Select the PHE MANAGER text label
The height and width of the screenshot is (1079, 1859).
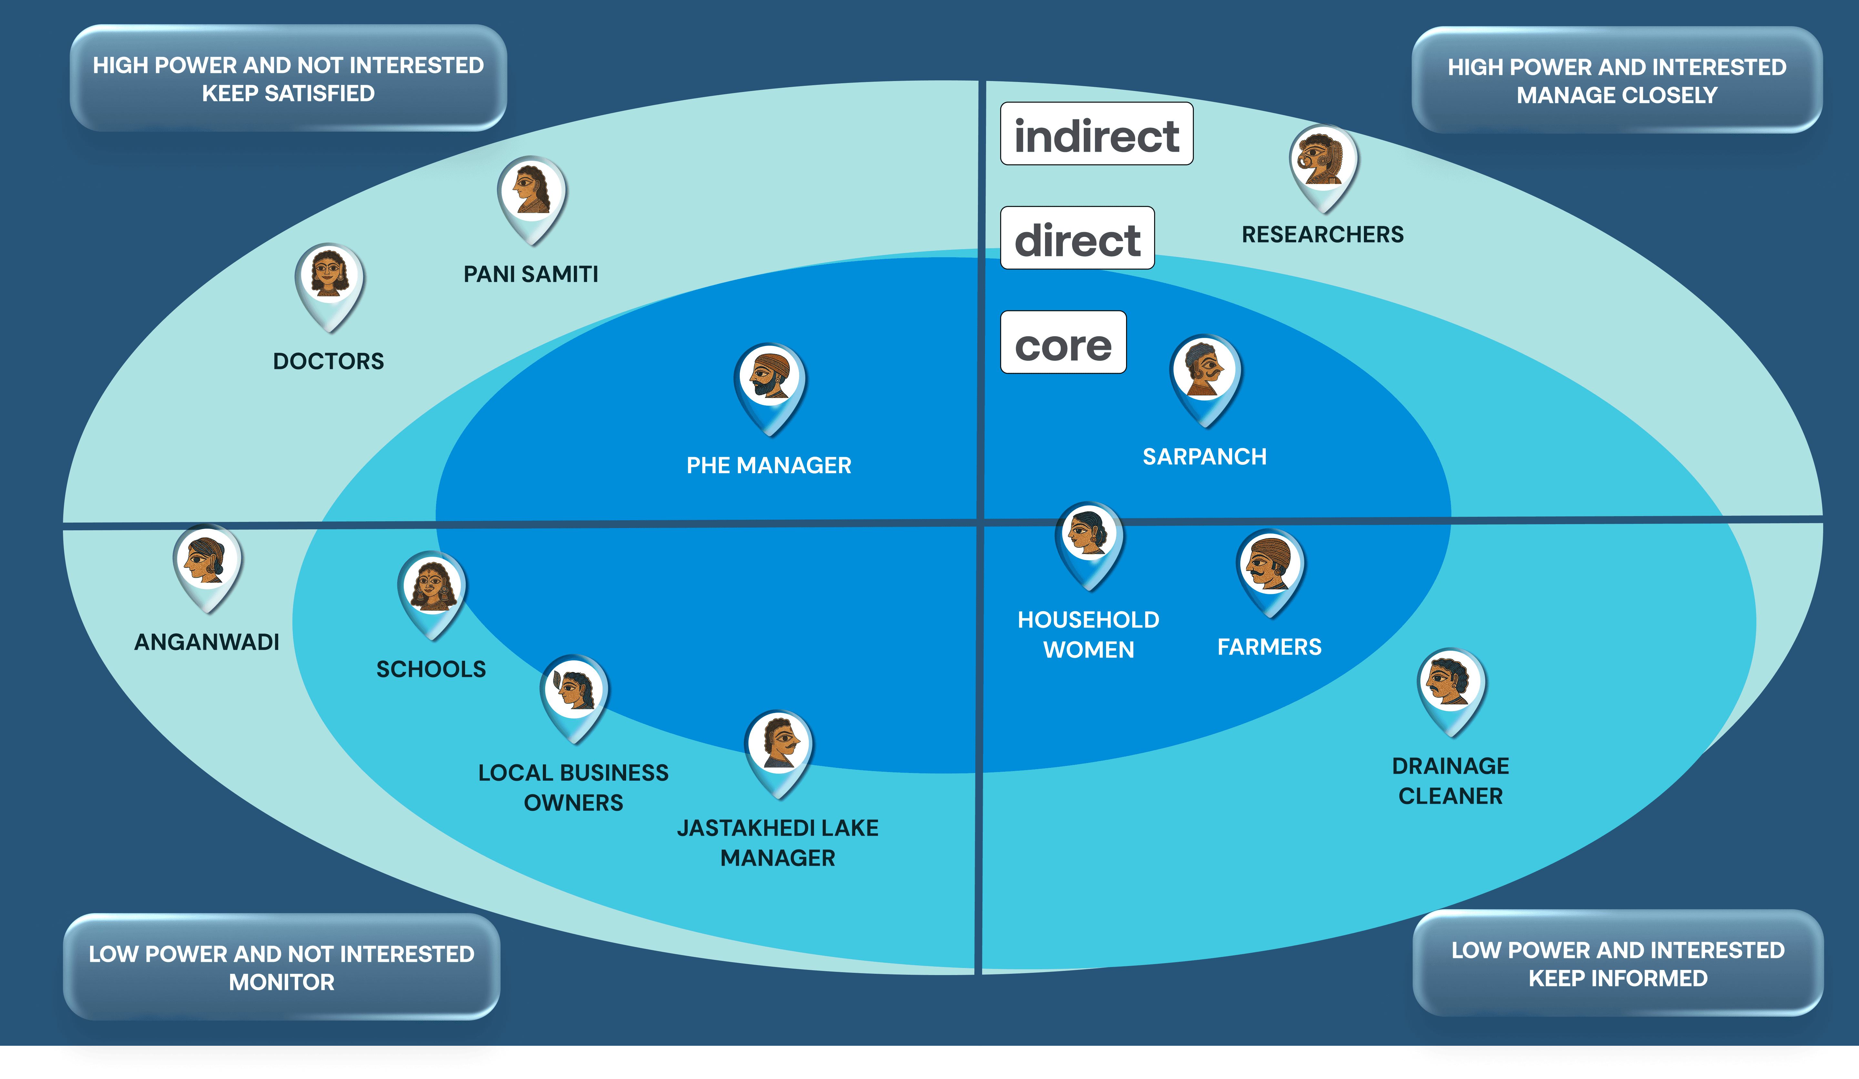(x=769, y=465)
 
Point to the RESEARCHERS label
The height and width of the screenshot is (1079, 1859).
(x=1322, y=235)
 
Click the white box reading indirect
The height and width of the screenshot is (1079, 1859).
(x=1096, y=134)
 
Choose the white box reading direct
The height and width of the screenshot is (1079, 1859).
(x=1077, y=238)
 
